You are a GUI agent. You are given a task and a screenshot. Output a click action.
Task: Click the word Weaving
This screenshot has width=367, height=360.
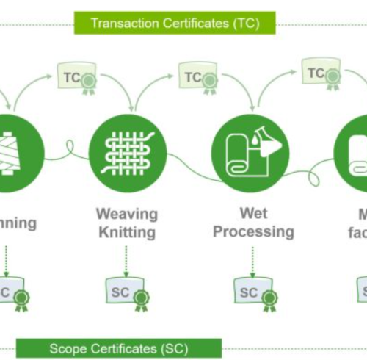point(126,214)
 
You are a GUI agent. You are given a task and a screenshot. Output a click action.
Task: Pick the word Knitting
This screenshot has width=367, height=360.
point(126,233)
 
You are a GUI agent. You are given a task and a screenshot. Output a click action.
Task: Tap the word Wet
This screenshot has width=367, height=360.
point(253,213)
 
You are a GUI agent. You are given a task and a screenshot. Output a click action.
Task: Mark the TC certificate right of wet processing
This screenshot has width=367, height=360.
point(320,74)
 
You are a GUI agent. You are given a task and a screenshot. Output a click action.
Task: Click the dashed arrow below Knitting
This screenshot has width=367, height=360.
point(126,259)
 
